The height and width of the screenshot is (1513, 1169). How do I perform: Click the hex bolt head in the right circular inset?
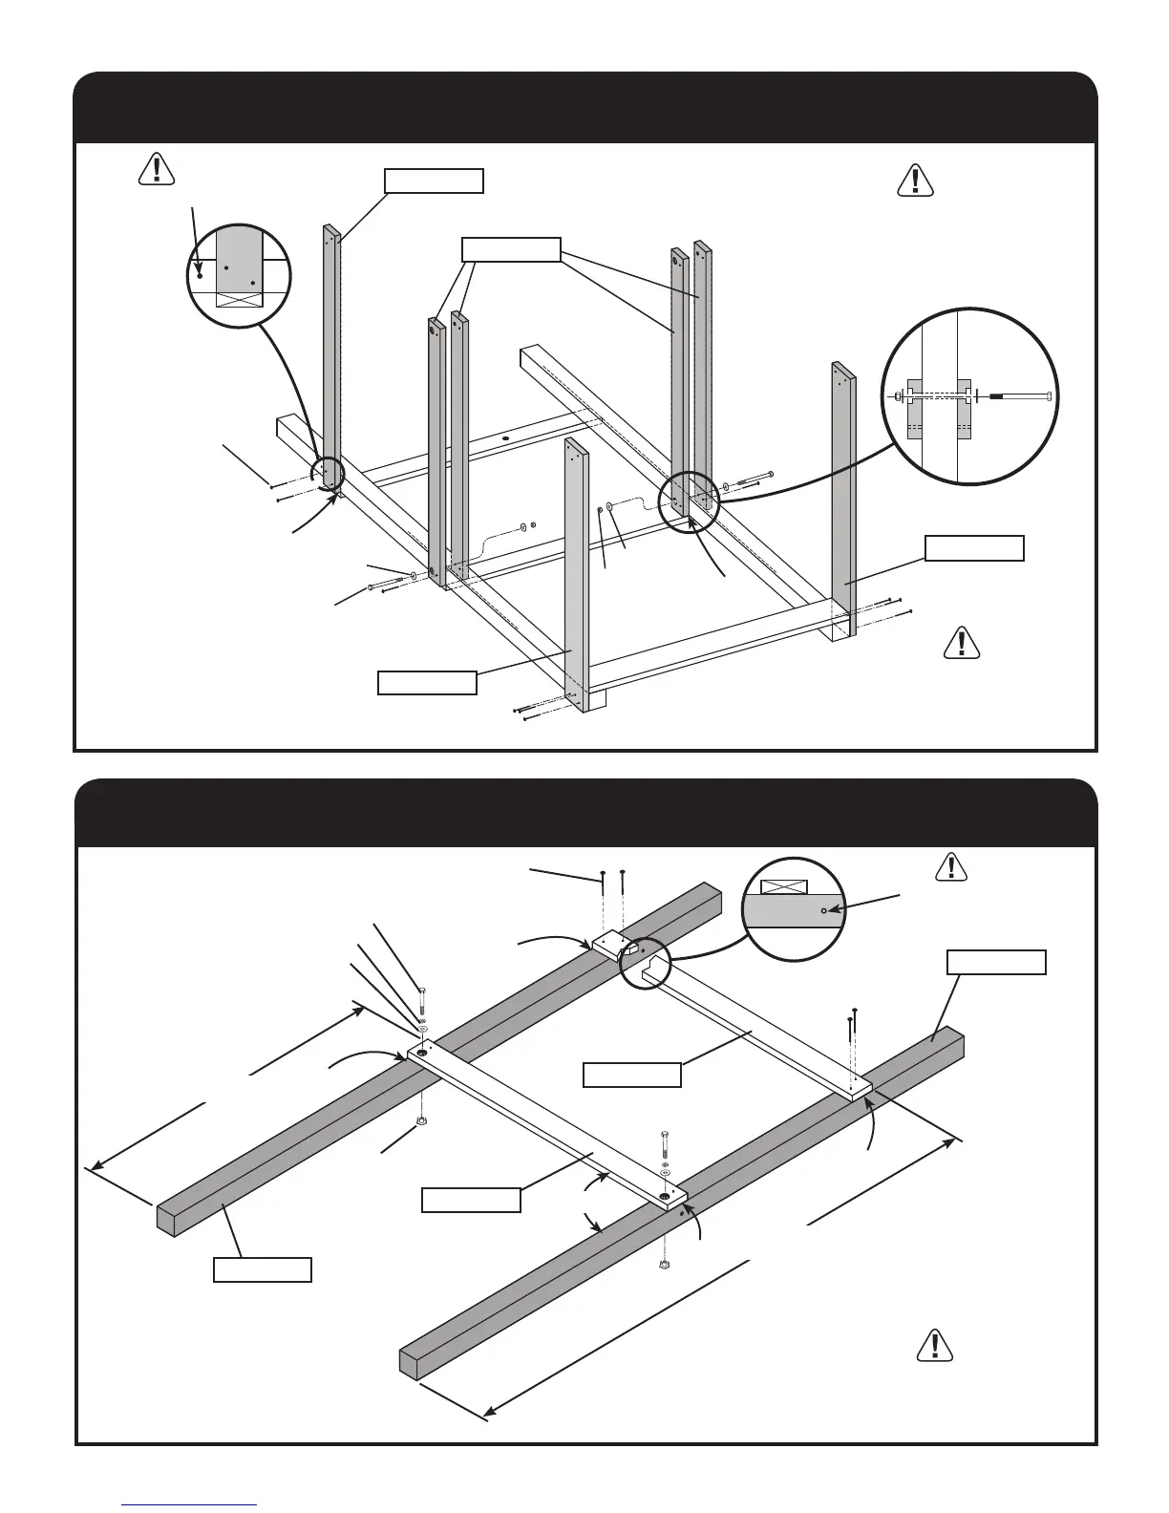[x=1049, y=395]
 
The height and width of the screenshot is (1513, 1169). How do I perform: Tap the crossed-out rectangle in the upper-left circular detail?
[x=238, y=300]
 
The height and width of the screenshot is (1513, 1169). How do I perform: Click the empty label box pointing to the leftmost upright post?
[x=434, y=181]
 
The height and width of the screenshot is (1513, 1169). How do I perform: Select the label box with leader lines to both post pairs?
[x=511, y=249]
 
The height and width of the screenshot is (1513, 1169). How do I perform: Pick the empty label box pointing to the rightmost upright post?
[x=974, y=547]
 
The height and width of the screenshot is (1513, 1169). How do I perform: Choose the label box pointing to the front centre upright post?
[x=427, y=683]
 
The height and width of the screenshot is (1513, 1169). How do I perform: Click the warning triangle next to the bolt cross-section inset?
[x=915, y=181]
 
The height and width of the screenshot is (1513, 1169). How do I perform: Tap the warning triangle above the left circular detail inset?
[x=156, y=168]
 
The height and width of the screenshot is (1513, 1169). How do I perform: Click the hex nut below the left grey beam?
[x=420, y=1120]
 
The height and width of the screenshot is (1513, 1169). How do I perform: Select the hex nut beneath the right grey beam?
[x=663, y=1265]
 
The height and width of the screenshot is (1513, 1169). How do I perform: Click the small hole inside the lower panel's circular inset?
[x=823, y=911]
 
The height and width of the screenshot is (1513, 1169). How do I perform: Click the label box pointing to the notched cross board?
[x=632, y=1075]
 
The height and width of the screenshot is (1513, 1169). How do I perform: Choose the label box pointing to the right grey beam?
[x=995, y=962]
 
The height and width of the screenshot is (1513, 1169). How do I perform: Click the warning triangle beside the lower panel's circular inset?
[x=948, y=866]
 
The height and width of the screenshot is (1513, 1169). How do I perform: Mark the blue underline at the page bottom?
[x=189, y=1505]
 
